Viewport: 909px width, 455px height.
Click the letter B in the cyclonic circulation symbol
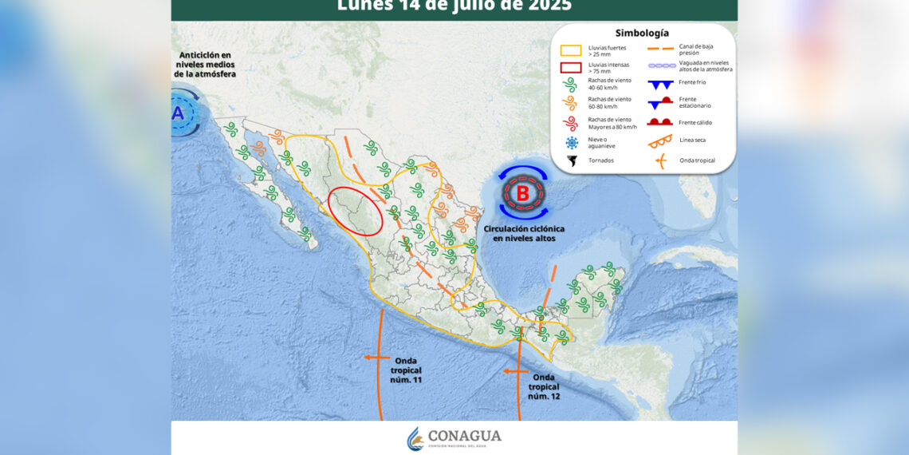(x=523, y=192)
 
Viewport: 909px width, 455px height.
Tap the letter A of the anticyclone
(x=178, y=113)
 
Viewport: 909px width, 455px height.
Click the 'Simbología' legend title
(x=642, y=33)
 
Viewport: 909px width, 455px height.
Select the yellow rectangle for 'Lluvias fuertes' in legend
(x=571, y=49)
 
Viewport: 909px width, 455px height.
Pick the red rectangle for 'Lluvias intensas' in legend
(x=571, y=67)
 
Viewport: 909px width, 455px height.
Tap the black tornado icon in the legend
(x=572, y=160)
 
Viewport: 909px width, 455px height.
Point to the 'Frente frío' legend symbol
(x=660, y=83)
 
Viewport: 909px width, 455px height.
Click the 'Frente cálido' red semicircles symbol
(x=660, y=121)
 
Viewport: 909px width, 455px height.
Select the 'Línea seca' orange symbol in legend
(x=660, y=141)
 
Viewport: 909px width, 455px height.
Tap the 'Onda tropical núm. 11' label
(x=407, y=370)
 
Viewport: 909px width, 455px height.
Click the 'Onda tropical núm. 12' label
(x=544, y=387)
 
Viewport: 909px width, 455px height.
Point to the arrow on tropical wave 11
(x=372, y=357)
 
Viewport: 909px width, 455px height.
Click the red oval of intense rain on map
(x=355, y=211)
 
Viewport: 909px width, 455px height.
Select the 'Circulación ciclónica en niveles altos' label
(x=523, y=233)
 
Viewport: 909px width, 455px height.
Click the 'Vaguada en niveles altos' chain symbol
(x=660, y=65)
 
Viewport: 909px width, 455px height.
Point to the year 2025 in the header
(x=549, y=6)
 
